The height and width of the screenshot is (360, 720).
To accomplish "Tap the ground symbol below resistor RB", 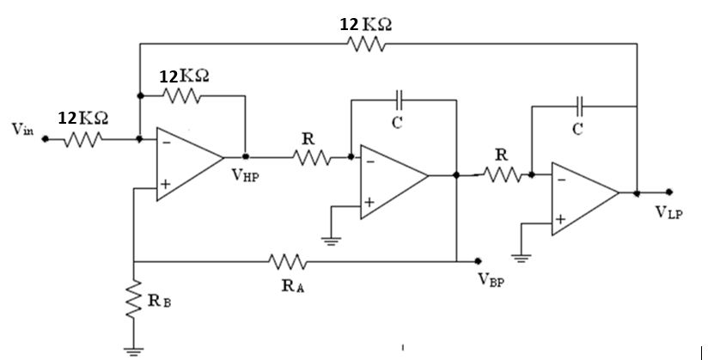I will [133, 348].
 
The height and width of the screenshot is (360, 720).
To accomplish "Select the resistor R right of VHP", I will [310, 157].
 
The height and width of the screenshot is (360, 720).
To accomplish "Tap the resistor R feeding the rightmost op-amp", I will [502, 174].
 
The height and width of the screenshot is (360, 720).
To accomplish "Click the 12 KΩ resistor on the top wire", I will [367, 43].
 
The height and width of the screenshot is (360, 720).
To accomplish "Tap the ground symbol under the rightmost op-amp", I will [521, 255].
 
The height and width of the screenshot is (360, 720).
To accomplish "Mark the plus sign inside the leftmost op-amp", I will [165, 184].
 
